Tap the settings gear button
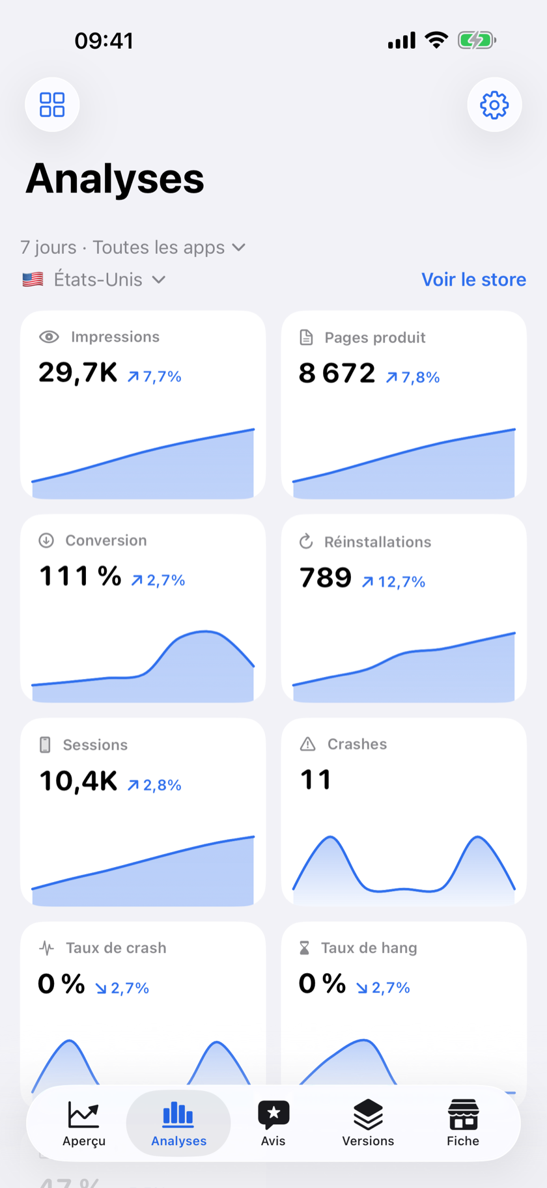click(494, 105)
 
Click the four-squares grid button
click(52, 105)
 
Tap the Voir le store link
click(473, 279)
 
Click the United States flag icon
click(33, 280)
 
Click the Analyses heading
click(115, 178)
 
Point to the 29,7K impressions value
click(78, 373)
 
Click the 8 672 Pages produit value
click(337, 374)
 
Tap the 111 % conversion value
click(81, 576)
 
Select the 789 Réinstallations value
click(326, 577)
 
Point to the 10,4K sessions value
click(78, 781)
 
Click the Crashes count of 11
click(316, 780)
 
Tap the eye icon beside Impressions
click(49, 337)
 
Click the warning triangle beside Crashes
click(307, 744)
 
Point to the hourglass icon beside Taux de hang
click(304, 948)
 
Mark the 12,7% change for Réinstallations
click(393, 581)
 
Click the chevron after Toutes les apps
click(239, 247)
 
